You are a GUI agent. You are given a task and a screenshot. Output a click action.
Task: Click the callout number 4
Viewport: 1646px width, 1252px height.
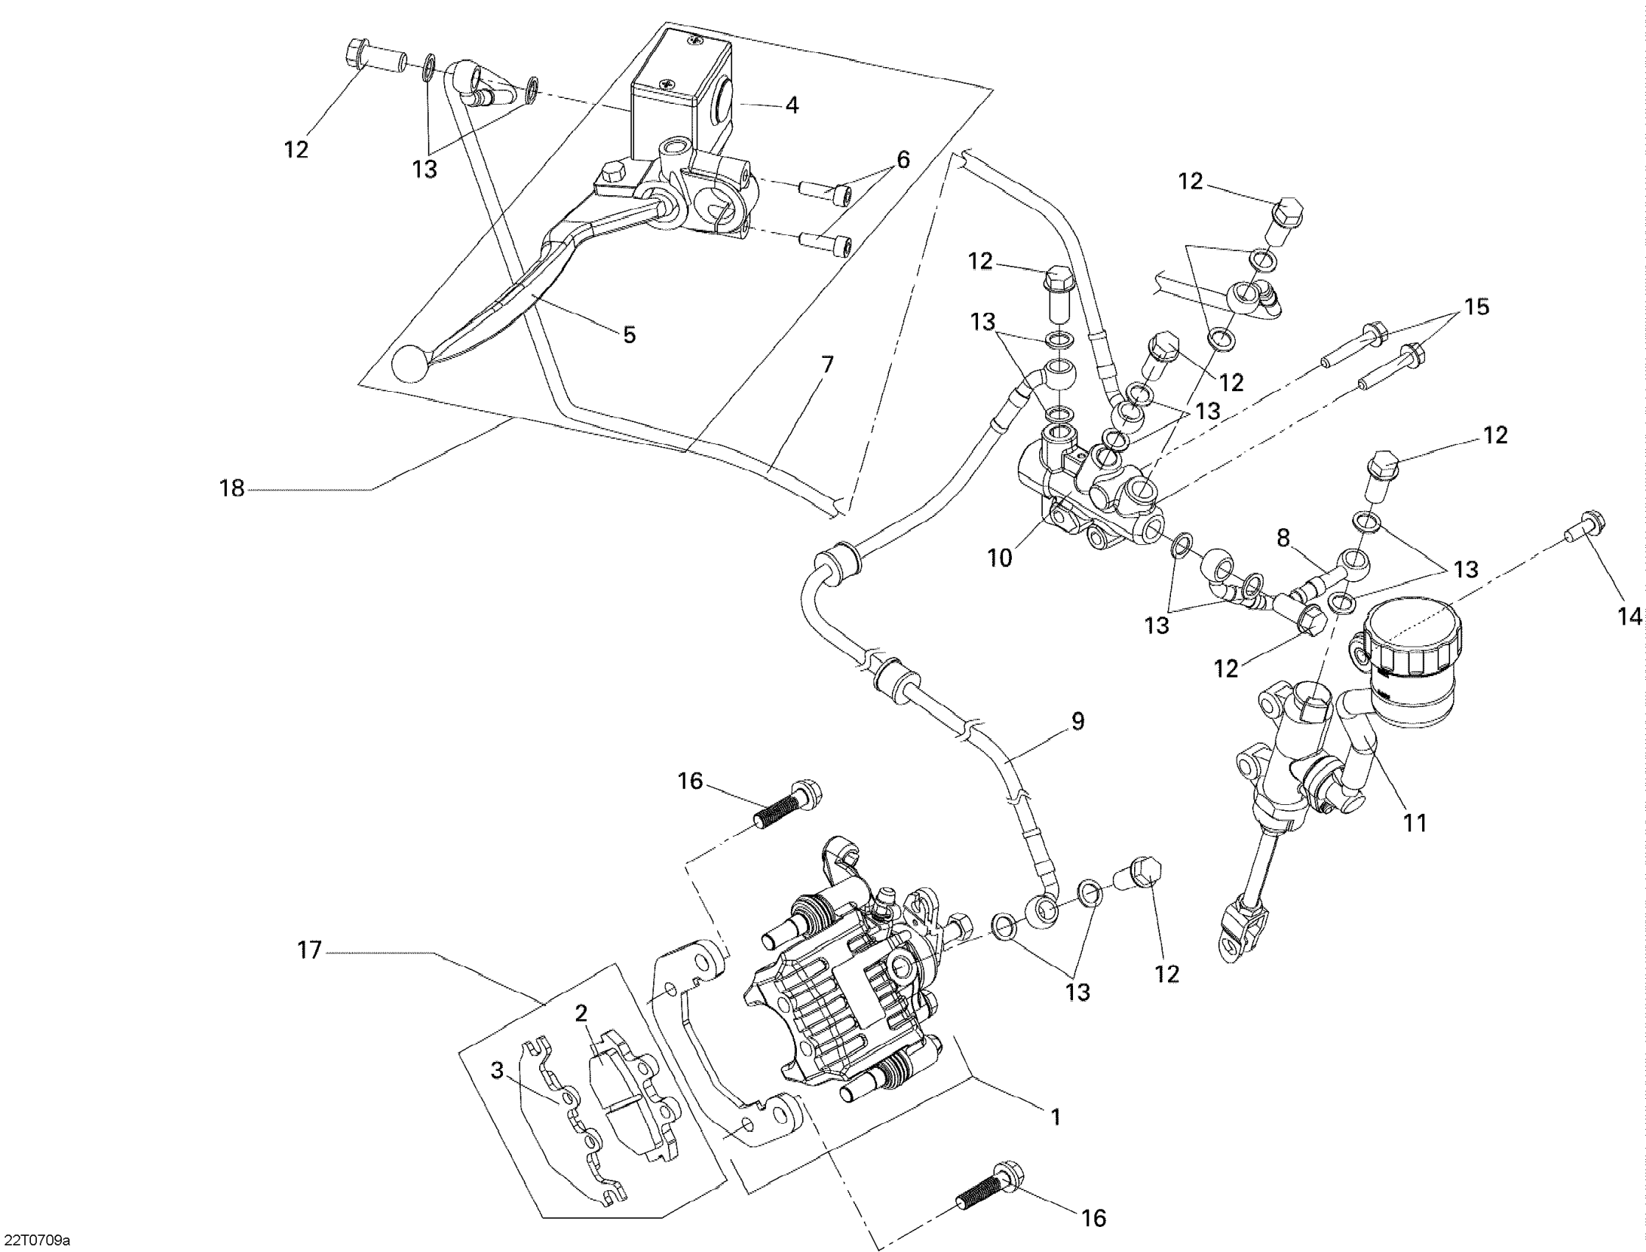click(x=792, y=106)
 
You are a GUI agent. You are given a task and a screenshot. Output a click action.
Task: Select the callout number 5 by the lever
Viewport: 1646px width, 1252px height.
click(x=630, y=335)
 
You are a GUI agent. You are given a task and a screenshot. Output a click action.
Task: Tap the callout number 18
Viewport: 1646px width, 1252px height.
click(x=232, y=489)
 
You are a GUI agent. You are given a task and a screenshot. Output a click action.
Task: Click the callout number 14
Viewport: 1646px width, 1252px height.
click(x=1630, y=617)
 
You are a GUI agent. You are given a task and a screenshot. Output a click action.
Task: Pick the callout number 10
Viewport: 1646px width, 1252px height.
click(x=1000, y=558)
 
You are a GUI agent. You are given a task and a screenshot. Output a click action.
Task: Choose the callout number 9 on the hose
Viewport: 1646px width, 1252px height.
click(x=1077, y=722)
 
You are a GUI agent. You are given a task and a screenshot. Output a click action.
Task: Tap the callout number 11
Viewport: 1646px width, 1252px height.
click(x=1415, y=823)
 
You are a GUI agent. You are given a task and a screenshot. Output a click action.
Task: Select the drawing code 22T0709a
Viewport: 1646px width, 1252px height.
click(x=35, y=1241)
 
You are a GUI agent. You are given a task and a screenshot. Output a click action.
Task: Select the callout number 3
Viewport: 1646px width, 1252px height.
click(x=497, y=1070)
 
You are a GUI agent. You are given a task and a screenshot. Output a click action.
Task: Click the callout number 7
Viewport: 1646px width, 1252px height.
click(x=827, y=365)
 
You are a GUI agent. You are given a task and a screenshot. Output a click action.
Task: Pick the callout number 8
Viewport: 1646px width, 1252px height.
click(x=1283, y=538)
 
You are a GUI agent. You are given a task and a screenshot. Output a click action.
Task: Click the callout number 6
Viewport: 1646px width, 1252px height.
click(x=903, y=160)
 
